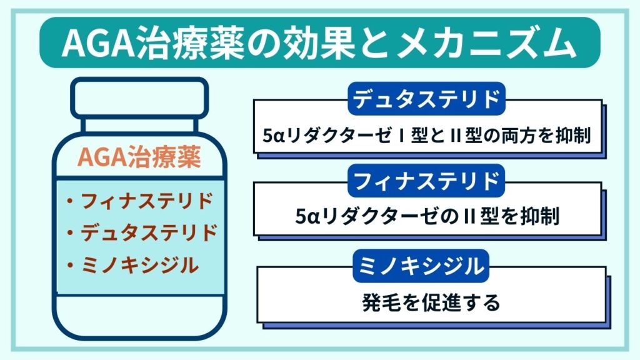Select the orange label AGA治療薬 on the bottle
tap(139, 158)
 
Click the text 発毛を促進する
tap(431, 304)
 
